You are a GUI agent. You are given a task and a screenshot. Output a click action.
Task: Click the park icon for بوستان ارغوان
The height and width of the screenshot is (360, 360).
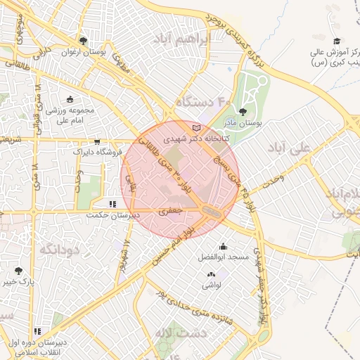click(x=84, y=41)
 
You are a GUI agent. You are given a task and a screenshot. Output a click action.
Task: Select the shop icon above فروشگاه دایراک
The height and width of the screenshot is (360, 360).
click(x=97, y=141)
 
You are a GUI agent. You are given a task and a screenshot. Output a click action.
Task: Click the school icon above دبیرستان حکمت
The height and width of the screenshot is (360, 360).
click(x=112, y=204)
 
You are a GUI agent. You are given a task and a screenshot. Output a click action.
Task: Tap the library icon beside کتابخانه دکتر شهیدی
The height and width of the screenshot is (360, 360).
click(x=196, y=128)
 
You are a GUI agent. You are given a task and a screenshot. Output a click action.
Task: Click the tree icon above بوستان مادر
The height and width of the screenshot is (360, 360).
click(x=243, y=111)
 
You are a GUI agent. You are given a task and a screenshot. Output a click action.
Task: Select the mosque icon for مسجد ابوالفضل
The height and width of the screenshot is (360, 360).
click(x=224, y=246)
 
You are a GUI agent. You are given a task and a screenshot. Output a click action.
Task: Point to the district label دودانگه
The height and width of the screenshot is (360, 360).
click(x=57, y=250)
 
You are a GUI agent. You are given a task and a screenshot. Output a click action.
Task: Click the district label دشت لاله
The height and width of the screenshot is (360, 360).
click(x=181, y=332)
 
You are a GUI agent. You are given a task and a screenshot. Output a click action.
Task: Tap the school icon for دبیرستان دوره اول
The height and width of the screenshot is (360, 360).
click(x=37, y=330)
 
